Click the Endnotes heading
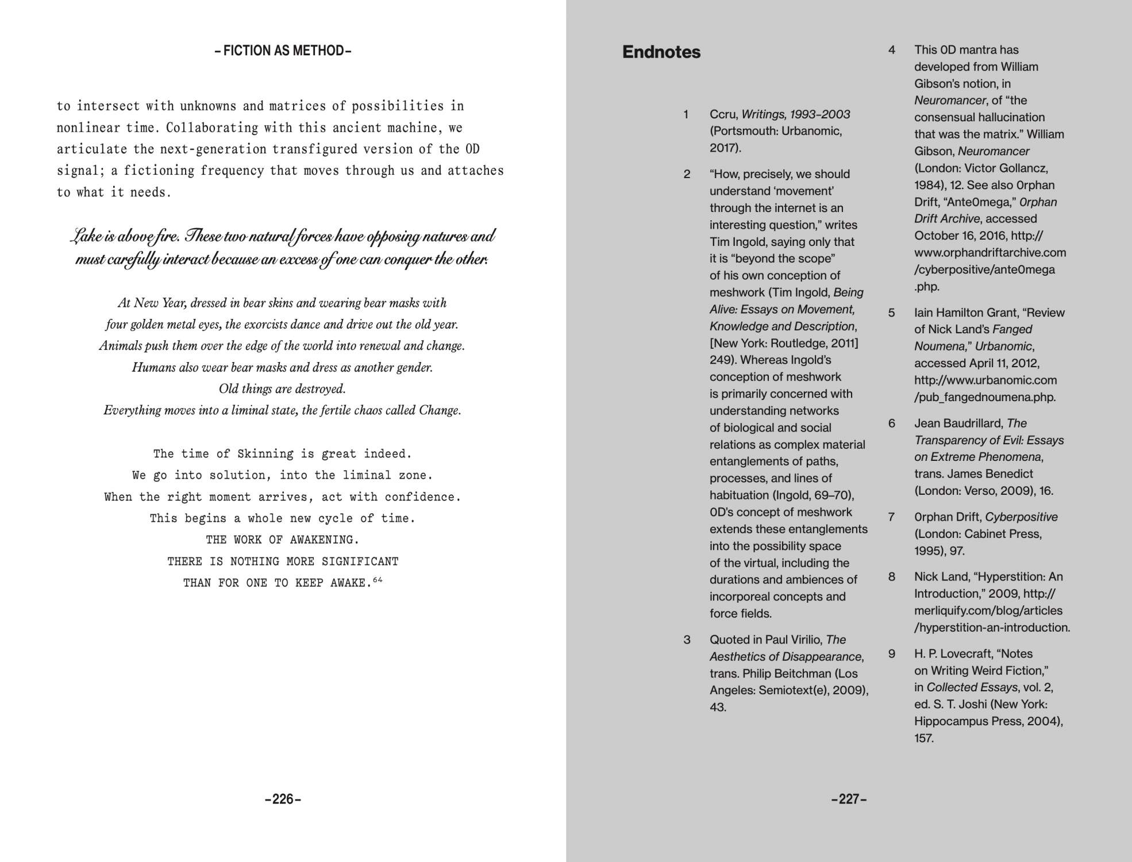click(661, 52)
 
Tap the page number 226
click(283, 799)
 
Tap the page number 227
click(849, 799)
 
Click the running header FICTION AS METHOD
click(283, 51)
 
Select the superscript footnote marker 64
click(378, 580)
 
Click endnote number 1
click(686, 114)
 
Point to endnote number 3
click(687, 640)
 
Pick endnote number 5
click(891, 313)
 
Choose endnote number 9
click(891, 653)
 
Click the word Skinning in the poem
click(265, 454)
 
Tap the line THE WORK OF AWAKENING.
click(283, 540)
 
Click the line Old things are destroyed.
click(282, 389)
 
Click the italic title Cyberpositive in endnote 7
click(1021, 517)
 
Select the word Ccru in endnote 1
click(723, 114)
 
